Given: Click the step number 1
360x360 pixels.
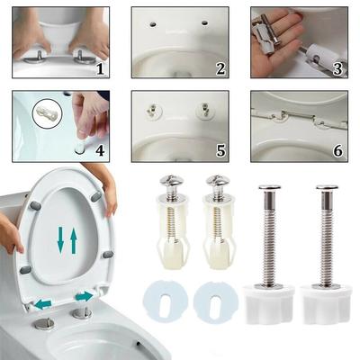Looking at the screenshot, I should point(99,67).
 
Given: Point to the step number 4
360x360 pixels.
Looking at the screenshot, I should point(99,149).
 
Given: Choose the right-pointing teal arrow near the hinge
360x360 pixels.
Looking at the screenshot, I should point(84,296).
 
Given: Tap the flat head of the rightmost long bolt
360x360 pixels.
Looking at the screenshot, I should point(326,188).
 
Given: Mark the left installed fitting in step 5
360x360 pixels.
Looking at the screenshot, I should point(154,112).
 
